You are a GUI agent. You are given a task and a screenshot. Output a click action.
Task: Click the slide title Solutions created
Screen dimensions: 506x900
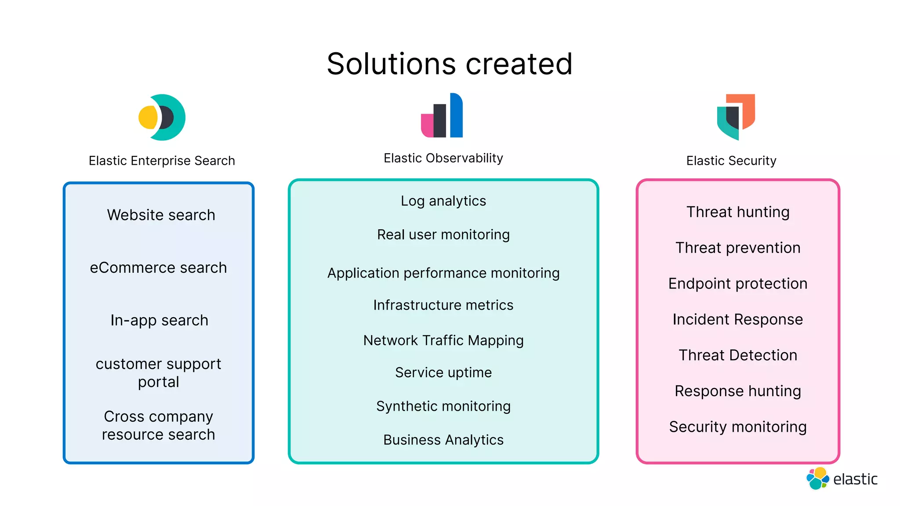tap(450, 64)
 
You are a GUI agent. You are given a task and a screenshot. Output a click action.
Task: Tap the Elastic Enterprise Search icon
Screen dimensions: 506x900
tap(162, 117)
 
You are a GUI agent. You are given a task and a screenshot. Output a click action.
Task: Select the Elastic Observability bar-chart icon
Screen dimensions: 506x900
tap(442, 116)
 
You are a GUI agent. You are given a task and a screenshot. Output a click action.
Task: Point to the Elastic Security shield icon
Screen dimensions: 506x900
tap(736, 117)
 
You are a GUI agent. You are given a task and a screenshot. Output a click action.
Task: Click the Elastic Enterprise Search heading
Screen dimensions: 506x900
tap(162, 161)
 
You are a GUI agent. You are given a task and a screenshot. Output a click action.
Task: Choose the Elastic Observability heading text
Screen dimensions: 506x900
tap(443, 158)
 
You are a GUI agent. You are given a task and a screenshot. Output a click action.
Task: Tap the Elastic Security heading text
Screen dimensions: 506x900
tap(731, 161)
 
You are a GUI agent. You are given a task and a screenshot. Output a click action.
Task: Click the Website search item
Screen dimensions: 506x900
tap(161, 215)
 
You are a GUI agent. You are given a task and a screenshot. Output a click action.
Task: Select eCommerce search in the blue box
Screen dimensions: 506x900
tap(158, 268)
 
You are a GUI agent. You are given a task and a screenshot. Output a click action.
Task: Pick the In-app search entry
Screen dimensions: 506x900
tap(159, 321)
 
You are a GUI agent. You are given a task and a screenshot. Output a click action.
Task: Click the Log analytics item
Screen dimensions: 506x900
tap(443, 201)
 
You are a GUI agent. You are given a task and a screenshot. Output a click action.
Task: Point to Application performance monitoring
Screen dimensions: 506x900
tap(443, 273)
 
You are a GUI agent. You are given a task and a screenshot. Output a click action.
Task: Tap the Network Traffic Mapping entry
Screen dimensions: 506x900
tap(443, 340)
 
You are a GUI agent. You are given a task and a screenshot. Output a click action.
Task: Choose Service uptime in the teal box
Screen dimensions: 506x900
tap(443, 372)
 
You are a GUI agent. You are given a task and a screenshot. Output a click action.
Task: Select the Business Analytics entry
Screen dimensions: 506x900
tap(443, 440)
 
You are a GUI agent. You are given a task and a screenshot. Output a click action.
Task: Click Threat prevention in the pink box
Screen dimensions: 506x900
tap(738, 248)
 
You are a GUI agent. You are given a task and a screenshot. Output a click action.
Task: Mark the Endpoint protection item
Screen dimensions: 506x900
tap(738, 284)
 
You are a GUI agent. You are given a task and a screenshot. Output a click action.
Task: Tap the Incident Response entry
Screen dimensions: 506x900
tap(738, 319)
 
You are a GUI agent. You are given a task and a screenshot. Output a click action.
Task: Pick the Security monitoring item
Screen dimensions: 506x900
tap(738, 427)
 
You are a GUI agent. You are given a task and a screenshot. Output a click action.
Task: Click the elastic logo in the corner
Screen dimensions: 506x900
tap(842, 479)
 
